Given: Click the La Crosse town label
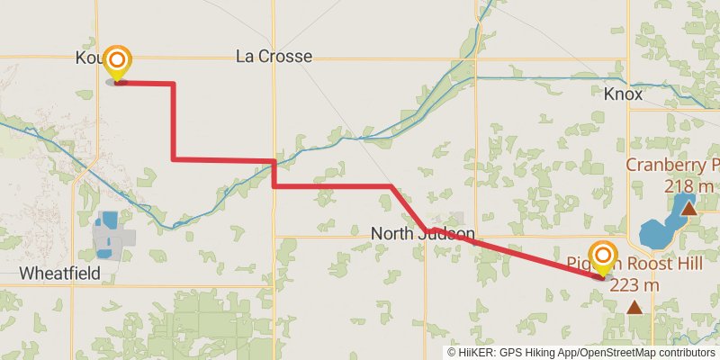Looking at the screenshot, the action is pyautogui.click(x=274, y=57).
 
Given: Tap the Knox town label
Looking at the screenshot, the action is pyautogui.click(x=623, y=94).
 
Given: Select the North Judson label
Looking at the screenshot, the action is pyautogui.click(x=422, y=234).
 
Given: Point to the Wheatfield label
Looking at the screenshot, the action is pyautogui.click(x=59, y=273).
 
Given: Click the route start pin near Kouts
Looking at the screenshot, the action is pyautogui.click(x=116, y=62).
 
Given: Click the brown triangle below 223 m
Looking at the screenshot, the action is pyautogui.click(x=634, y=308).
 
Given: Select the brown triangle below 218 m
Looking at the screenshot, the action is pyautogui.click(x=688, y=209).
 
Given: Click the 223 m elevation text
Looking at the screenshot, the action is pyautogui.click(x=634, y=285).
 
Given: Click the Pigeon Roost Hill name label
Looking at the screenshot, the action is pyautogui.click(x=630, y=264).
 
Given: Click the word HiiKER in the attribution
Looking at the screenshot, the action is pyautogui.click(x=474, y=353).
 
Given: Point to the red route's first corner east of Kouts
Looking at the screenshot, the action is pyautogui.click(x=173, y=84).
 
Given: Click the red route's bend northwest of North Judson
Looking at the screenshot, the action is pyautogui.click(x=391, y=186).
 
